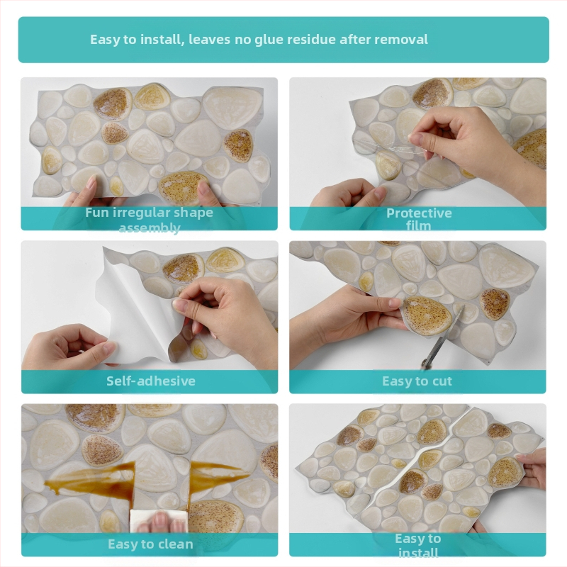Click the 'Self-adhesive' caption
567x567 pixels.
[x=151, y=381]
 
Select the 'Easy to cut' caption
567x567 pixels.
[x=417, y=381]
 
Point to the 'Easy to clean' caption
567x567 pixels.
[x=150, y=544]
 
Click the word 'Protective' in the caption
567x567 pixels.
[x=419, y=213]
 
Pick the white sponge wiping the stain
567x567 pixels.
[x=159, y=521]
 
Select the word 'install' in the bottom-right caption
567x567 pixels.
[x=418, y=553]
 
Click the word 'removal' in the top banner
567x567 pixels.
[x=401, y=39]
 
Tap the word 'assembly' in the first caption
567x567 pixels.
[x=150, y=228]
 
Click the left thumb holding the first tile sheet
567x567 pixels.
[x=91, y=184]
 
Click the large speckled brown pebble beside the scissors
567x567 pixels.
[x=427, y=315]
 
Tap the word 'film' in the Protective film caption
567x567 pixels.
[x=418, y=226]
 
